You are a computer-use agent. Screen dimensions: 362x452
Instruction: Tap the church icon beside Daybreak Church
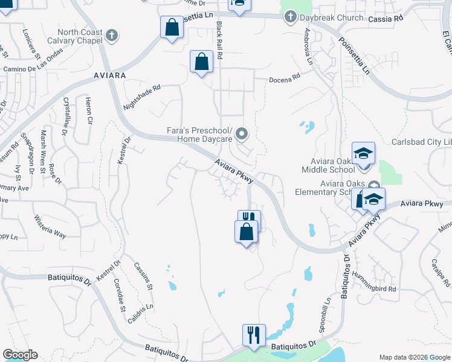290,17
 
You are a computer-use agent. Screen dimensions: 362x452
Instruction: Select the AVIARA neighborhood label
109,75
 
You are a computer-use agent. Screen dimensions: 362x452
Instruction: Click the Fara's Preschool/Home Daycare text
199,135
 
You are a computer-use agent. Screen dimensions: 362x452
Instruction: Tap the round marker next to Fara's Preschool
242,133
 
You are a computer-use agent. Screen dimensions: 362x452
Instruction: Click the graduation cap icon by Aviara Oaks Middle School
363,153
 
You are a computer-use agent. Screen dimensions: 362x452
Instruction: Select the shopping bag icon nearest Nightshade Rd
201,62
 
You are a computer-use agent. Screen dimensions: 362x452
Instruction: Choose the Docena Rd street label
285,78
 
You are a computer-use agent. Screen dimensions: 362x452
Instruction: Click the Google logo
20,355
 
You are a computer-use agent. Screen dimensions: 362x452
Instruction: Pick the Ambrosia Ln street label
308,47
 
